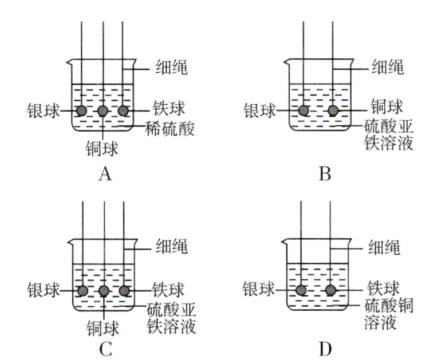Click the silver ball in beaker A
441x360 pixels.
coord(82,110)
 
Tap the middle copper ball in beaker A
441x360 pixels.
coord(103,110)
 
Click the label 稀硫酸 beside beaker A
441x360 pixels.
coord(170,129)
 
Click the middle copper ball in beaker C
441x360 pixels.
coord(104,291)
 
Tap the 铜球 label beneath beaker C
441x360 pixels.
coord(103,328)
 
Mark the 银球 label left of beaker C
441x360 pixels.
coord(42,290)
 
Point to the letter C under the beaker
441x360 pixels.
coord(104,347)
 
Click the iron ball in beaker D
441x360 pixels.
coord(330,290)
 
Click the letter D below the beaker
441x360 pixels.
coord(325,347)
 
